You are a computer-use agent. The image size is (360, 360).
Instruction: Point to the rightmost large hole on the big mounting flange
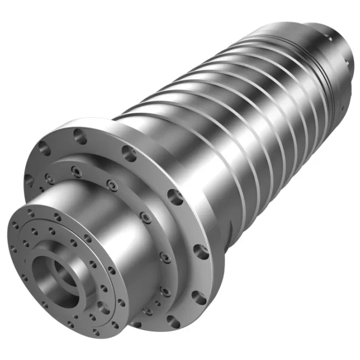pyautogui.click(x=201, y=250)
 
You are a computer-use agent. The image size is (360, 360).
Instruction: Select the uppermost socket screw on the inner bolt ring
pyautogui.click(x=76, y=171)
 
